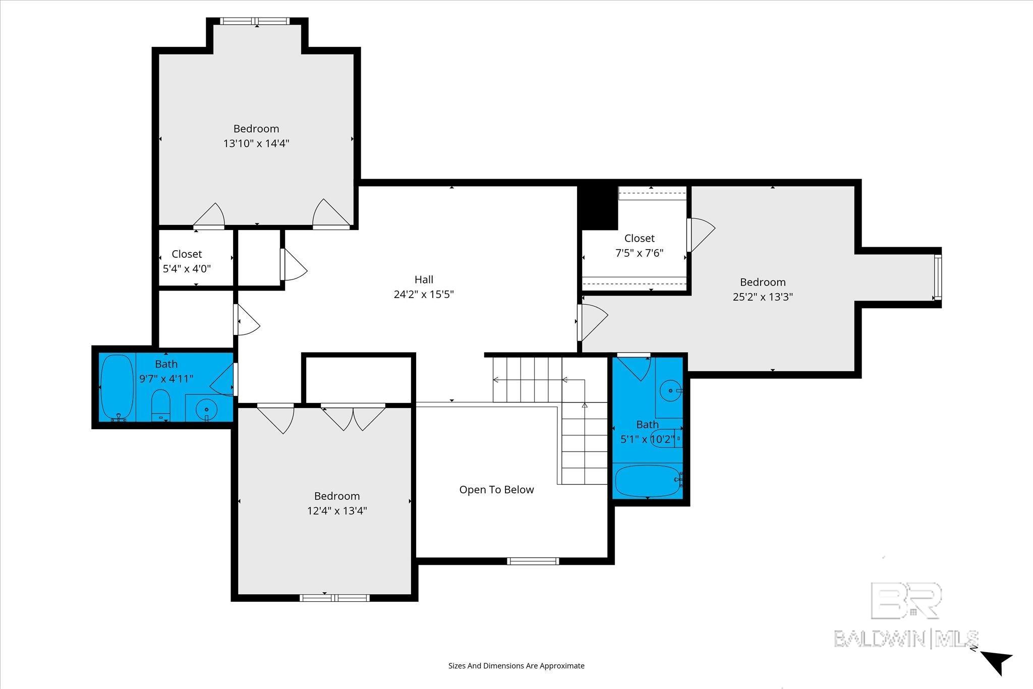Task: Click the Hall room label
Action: point(424,279)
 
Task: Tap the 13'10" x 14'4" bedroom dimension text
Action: point(256,143)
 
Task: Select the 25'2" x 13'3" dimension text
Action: point(763,297)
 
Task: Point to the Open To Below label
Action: point(496,490)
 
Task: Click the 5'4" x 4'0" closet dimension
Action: point(187,268)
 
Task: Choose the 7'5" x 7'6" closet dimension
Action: point(639,253)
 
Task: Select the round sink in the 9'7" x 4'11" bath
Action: point(206,409)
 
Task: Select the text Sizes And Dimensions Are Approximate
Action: point(516,665)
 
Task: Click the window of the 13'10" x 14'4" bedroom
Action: point(256,21)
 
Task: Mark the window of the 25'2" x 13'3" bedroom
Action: point(938,277)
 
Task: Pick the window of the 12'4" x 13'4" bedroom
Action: point(334,598)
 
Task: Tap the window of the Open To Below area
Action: point(533,561)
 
